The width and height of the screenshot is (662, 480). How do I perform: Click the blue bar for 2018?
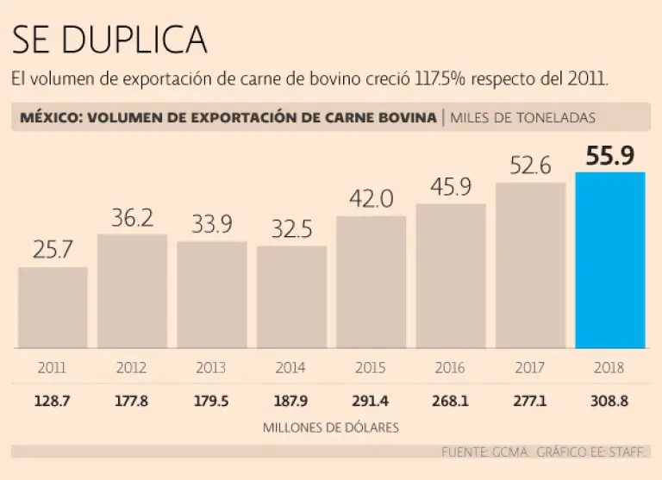(x=609, y=260)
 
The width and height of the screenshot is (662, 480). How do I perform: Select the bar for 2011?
(x=53, y=308)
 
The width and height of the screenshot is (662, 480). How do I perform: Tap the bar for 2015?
(x=371, y=282)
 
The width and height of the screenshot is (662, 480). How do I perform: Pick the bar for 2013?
(x=212, y=295)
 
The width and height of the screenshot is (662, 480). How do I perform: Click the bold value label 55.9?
(x=609, y=156)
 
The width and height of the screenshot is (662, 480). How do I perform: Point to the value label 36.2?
(x=132, y=218)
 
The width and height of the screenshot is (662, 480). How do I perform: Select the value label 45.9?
(x=450, y=187)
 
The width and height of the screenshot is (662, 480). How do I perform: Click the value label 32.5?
(x=291, y=230)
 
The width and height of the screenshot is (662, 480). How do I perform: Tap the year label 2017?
(x=530, y=368)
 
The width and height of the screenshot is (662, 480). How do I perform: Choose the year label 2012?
(x=132, y=368)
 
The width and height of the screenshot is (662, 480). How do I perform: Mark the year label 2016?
(x=450, y=368)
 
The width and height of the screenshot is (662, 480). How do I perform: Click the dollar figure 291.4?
(x=371, y=400)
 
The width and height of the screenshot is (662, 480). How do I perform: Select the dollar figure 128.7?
(x=53, y=400)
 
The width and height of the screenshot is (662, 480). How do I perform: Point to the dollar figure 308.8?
(x=609, y=400)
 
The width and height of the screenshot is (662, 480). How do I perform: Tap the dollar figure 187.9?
(x=291, y=400)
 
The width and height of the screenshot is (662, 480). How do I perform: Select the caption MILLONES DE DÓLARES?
(x=331, y=427)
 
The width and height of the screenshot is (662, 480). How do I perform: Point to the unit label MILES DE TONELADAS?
(x=522, y=118)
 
